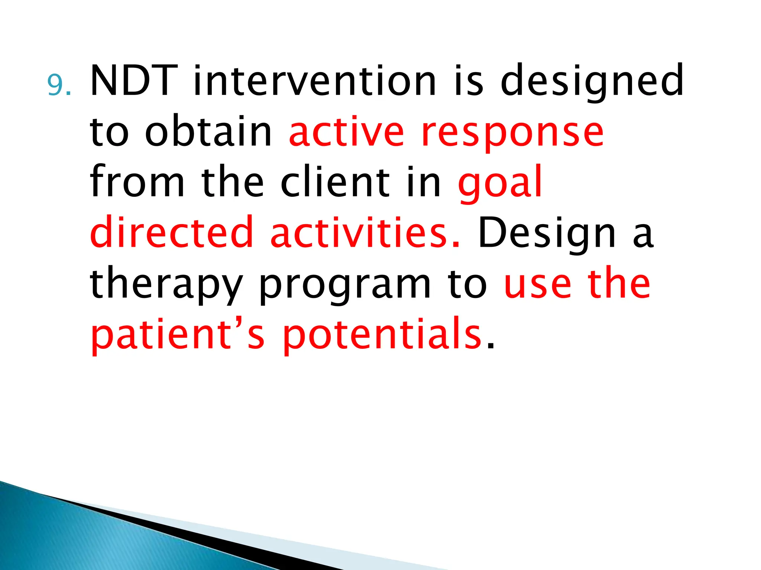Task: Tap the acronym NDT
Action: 133,81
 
